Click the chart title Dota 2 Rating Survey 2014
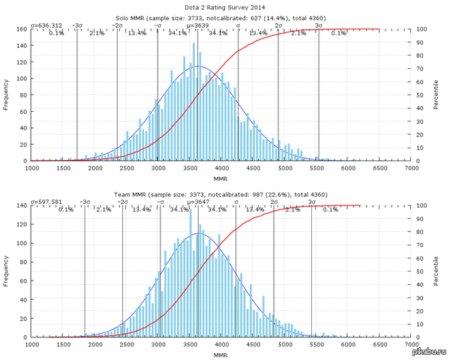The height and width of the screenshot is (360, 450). click(223, 7)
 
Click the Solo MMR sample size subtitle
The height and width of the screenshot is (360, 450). click(223, 17)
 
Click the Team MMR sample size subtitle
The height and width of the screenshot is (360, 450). click(223, 193)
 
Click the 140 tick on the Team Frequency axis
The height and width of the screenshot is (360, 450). click(22, 206)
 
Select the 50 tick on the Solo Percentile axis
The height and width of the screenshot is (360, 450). click(422, 95)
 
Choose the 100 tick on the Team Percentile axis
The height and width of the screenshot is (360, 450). click(423, 206)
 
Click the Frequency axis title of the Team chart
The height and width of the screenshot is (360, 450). click(7, 271)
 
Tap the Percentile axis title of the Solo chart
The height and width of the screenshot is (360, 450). click(436, 95)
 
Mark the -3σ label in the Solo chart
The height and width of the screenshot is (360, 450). click(77, 25)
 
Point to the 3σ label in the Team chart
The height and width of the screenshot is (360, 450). click(311, 202)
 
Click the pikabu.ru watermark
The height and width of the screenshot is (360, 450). click(429, 351)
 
